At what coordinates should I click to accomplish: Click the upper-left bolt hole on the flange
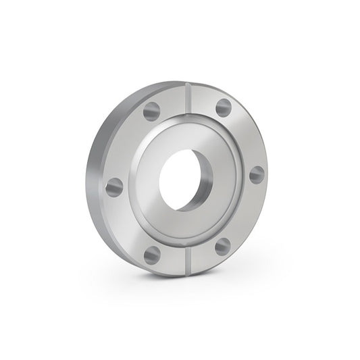[x=151, y=111]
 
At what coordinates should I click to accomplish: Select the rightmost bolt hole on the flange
[x=257, y=174]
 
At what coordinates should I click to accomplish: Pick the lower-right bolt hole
[x=223, y=247]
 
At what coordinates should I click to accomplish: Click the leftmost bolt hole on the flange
[x=115, y=186]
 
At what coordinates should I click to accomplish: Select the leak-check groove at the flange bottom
[x=188, y=260]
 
